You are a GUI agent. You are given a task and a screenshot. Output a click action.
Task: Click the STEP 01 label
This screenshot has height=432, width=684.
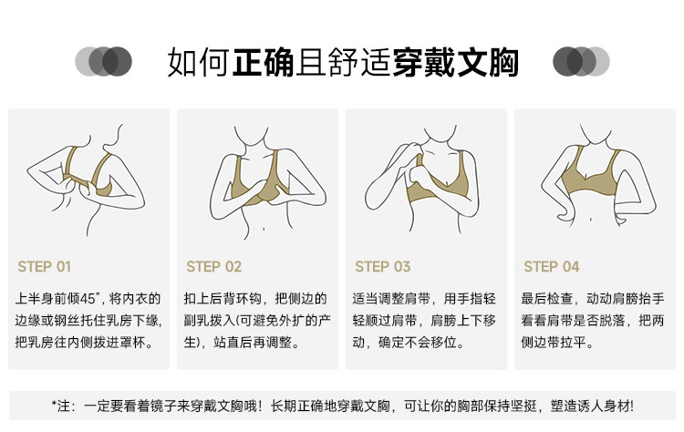pos(44,266)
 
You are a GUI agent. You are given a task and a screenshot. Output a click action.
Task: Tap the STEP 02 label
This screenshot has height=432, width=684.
pos(213,266)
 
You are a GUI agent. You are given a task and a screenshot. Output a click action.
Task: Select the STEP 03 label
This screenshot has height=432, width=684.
pos(382,266)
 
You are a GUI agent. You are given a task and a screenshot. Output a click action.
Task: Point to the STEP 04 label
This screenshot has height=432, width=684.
pos(552,266)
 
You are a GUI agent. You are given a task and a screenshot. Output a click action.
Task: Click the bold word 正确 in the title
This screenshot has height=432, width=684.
pos(263,62)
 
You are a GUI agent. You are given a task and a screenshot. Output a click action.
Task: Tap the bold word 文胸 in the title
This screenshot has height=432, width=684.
pos(487,62)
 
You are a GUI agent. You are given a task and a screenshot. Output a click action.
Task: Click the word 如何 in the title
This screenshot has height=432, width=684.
pos(199,62)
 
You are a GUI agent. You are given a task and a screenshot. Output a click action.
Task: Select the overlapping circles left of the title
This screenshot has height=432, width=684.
pos(103,61)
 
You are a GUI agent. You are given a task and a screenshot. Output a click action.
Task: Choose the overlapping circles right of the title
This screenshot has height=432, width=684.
pos(581,61)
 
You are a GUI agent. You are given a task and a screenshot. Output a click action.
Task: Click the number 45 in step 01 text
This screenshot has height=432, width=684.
pos(88,299)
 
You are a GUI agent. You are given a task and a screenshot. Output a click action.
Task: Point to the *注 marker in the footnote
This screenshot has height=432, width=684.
pos(60,406)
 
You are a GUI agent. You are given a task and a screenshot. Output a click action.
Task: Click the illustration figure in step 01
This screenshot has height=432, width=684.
pos(86,180)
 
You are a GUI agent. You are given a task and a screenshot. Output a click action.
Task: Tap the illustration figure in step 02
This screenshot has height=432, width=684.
pos(268,183)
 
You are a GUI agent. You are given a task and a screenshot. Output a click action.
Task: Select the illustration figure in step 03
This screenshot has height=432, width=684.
pos(422,180)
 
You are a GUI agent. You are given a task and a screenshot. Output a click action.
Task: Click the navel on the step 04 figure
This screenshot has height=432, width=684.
pos(591,220)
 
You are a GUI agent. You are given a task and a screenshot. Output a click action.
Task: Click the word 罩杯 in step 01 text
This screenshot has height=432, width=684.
pos(133,342)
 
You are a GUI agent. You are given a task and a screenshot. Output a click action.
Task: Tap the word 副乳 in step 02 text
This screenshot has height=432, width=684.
pos(197,321)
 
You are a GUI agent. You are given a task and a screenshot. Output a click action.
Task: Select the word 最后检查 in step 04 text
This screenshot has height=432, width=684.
pos(547,299)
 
